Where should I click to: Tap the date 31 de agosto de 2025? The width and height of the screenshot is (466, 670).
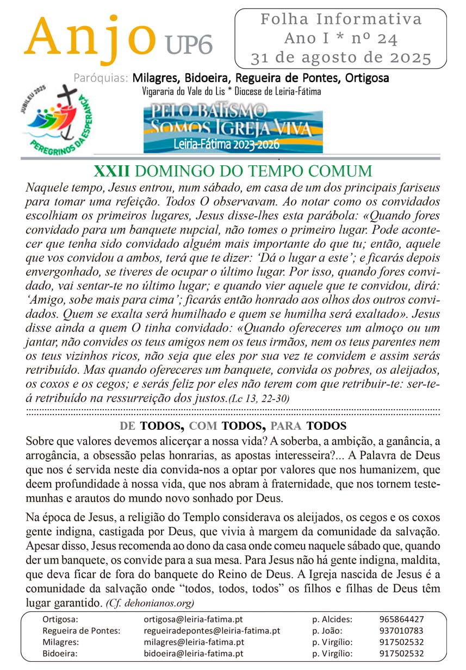point(340,58)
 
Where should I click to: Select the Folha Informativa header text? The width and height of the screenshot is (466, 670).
point(341,20)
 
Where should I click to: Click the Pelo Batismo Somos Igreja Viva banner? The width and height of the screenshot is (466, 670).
point(233,128)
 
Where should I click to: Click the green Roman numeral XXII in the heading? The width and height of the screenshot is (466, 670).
point(111,171)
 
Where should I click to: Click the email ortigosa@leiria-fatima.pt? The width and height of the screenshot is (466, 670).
point(193,619)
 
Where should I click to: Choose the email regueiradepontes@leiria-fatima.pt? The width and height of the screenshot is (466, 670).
point(212,630)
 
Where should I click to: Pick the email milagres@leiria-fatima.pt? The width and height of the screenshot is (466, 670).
point(193,642)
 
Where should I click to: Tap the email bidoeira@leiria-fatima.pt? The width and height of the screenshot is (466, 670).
point(193,653)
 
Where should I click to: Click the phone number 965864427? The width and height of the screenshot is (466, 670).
point(401,619)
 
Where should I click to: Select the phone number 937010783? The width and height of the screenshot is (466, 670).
point(401,630)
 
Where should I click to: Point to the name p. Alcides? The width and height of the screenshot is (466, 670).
point(332,619)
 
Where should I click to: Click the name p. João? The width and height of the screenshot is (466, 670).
point(327,630)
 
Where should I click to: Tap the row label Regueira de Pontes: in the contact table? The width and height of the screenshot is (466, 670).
point(81,630)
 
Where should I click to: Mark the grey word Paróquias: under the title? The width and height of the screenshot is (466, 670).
point(101,78)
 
